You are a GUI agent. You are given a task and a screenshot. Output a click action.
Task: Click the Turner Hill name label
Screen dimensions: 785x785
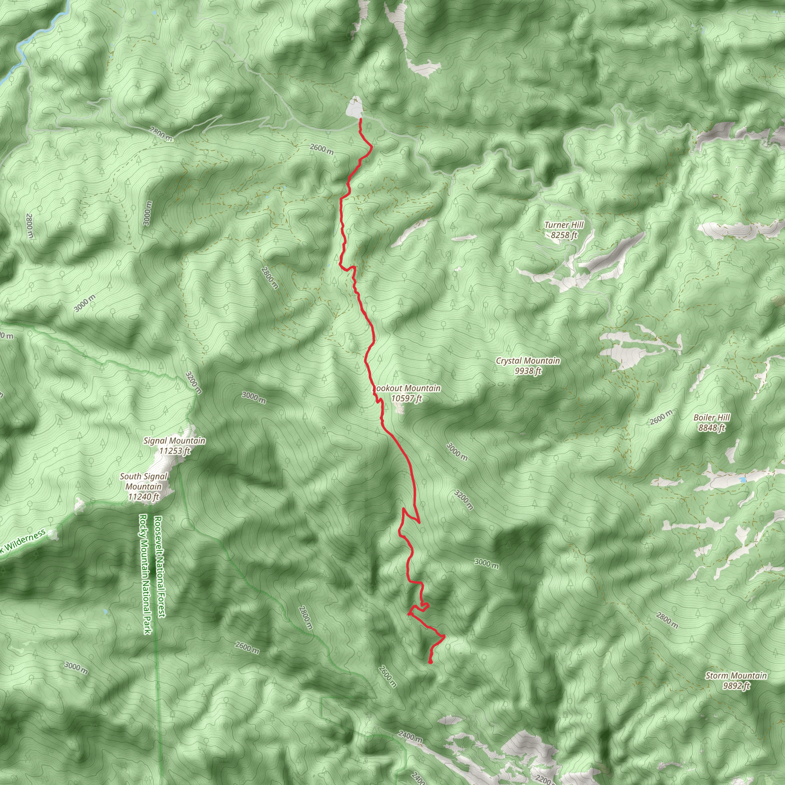click(563, 225)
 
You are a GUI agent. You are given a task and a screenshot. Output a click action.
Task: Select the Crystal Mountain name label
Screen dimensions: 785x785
click(527, 361)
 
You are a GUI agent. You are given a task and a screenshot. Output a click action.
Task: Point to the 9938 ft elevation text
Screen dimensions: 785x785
click(527, 371)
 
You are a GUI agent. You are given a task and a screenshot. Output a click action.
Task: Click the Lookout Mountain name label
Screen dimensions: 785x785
click(407, 388)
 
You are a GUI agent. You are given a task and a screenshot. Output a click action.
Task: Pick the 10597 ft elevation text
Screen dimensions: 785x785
click(406, 398)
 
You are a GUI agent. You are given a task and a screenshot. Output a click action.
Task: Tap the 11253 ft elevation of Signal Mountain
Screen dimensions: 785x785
click(175, 451)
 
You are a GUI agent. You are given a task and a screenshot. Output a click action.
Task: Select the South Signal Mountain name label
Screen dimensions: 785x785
click(143, 481)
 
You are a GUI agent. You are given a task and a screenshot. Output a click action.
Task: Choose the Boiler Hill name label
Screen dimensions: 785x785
click(711, 418)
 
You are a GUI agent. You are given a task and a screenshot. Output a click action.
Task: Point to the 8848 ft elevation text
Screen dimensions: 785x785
click(711, 428)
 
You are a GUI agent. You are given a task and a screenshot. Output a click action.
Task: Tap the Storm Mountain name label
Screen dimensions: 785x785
click(736, 676)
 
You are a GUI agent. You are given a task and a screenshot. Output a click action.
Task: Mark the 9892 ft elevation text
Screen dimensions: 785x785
click(736, 686)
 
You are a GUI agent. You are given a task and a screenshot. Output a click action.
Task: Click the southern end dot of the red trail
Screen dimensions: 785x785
click(430, 663)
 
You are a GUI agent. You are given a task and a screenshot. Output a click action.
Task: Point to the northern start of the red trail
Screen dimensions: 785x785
click(360, 120)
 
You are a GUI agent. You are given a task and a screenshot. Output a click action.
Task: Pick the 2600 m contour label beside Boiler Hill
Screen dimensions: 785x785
click(661, 418)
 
